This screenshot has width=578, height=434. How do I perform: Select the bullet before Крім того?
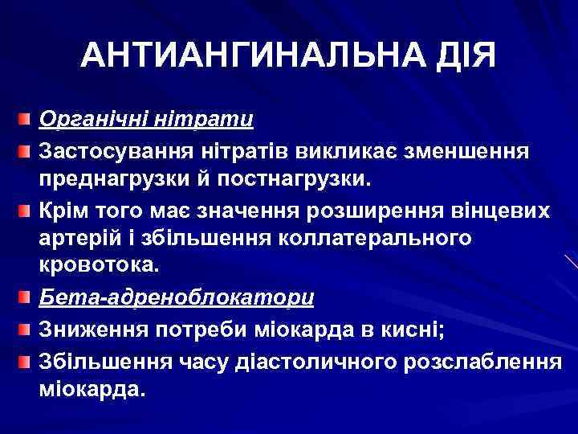click(x=26, y=211)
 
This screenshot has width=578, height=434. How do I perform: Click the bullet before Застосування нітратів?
click(x=26, y=151)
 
